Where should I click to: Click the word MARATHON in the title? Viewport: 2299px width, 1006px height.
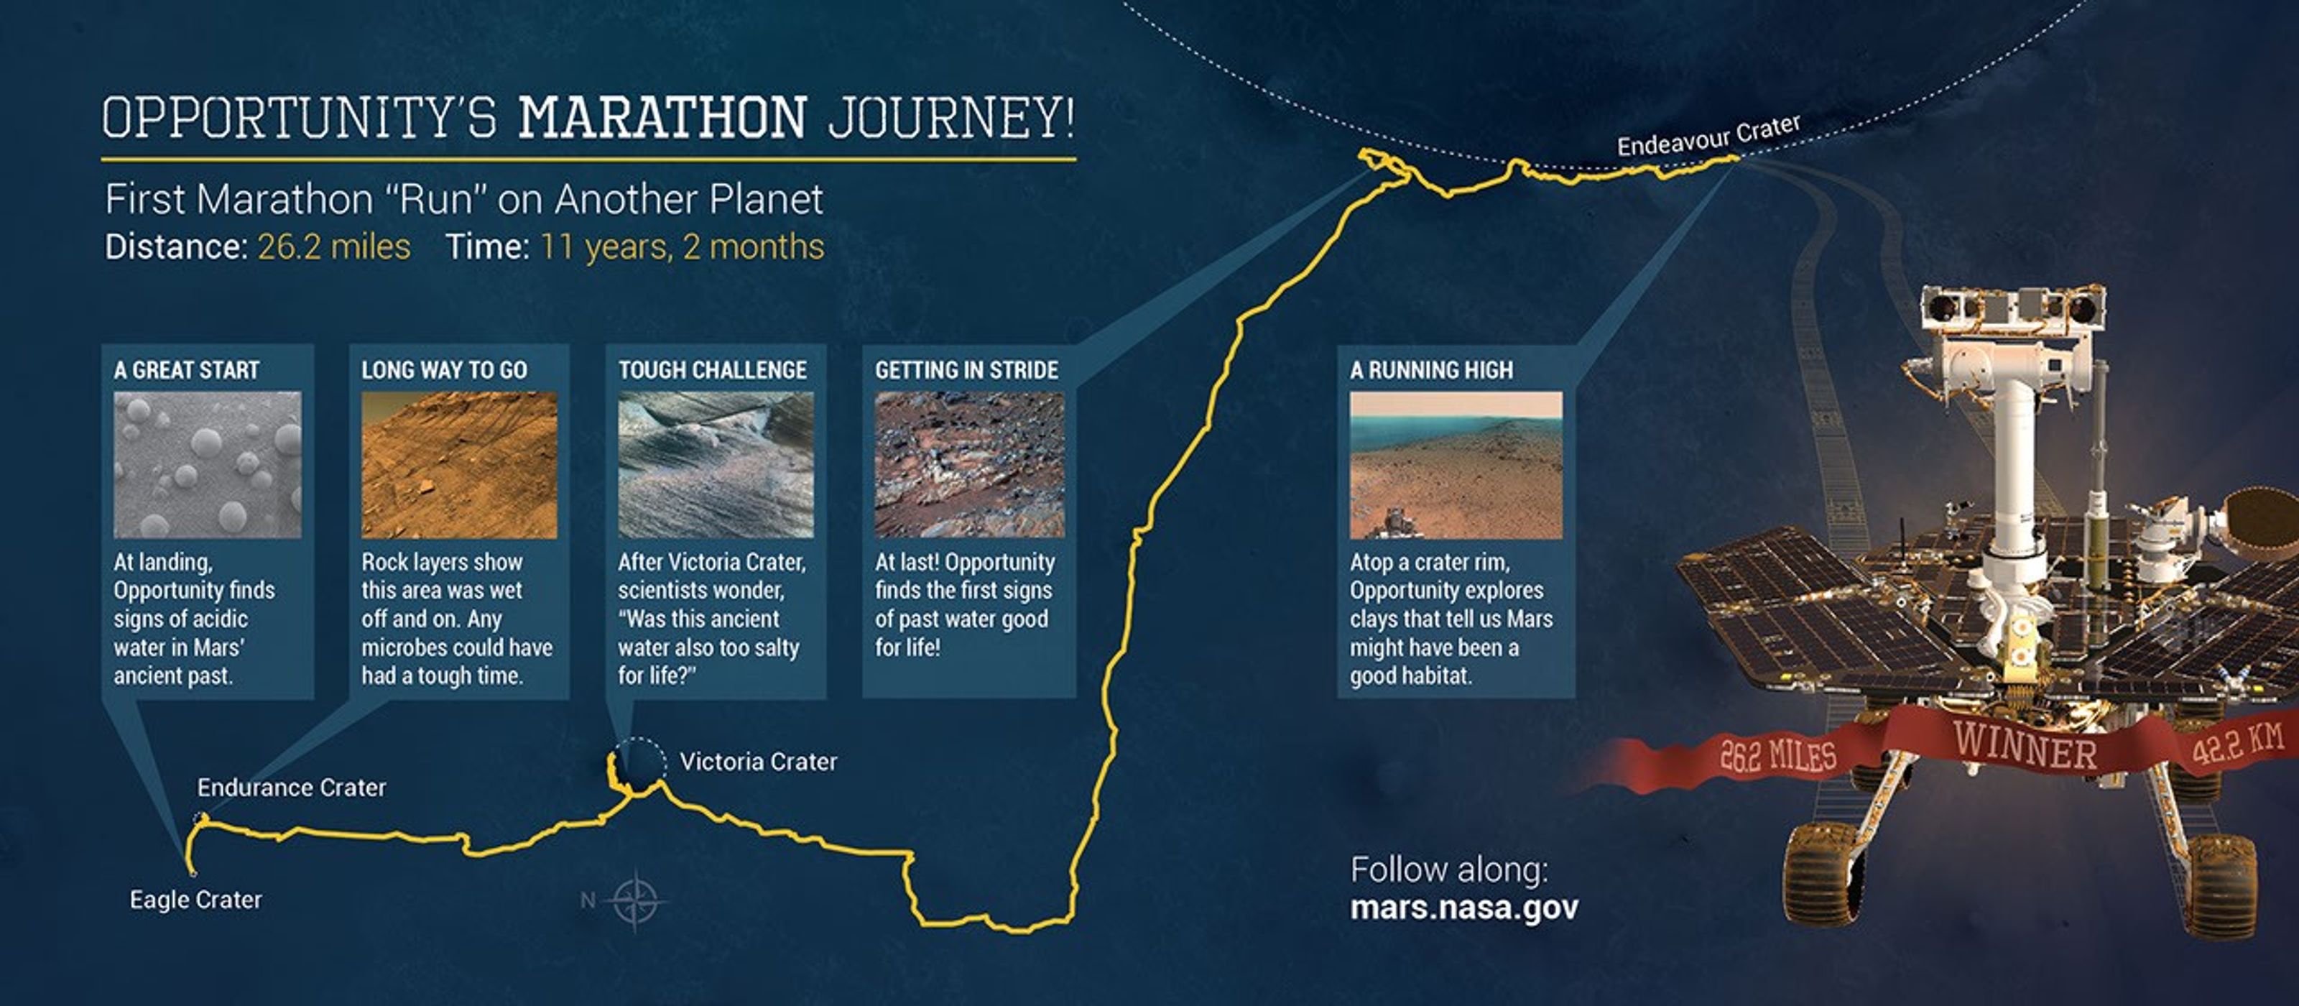click(662, 117)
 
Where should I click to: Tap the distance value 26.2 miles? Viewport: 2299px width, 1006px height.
click(334, 246)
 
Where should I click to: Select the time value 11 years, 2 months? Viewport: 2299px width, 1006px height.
click(682, 247)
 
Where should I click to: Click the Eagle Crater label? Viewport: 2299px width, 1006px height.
click(195, 899)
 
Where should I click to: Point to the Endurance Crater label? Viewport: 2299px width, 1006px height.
click(291, 788)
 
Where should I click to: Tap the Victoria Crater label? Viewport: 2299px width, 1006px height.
click(759, 762)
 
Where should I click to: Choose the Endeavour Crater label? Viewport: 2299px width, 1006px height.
click(1708, 136)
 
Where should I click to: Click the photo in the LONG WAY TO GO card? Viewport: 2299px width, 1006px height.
click(459, 465)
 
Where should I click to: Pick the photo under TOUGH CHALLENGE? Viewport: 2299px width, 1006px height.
click(716, 465)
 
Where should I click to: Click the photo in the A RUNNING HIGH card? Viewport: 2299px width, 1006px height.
click(1456, 465)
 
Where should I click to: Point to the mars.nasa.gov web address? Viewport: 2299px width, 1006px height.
click(1463, 907)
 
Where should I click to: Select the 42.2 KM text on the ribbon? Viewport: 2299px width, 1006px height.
click(2239, 744)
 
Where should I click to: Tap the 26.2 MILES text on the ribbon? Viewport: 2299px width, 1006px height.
click(1778, 755)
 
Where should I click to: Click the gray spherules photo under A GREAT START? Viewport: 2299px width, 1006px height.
click(207, 465)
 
